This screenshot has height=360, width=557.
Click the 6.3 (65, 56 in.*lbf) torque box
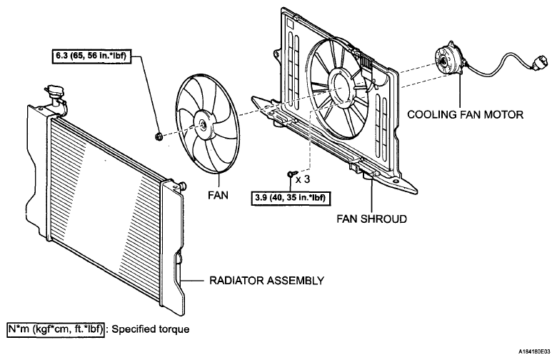tap(91, 56)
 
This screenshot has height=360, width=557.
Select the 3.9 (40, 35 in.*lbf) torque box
tap(290, 198)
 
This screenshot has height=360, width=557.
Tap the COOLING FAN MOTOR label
tap(465, 114)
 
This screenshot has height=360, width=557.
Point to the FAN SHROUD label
tap(371, 219)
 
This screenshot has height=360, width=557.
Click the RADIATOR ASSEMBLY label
tap(266, 281)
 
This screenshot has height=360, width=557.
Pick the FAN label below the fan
tap(218, 195)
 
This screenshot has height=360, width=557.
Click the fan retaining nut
tap(159, 136)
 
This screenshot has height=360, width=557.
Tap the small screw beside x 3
tap(291, 174)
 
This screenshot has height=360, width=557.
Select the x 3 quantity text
tap(303, 179)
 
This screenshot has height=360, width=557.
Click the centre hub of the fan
tap(204, 124)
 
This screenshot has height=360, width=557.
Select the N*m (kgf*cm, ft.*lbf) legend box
tap(56, 329)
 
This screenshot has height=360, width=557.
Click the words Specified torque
tap(151, 329)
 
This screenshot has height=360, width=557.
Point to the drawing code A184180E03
tap(534, 351)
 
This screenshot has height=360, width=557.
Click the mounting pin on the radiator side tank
tap(182, 186)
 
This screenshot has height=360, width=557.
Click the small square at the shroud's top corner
tap(290, 24)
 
